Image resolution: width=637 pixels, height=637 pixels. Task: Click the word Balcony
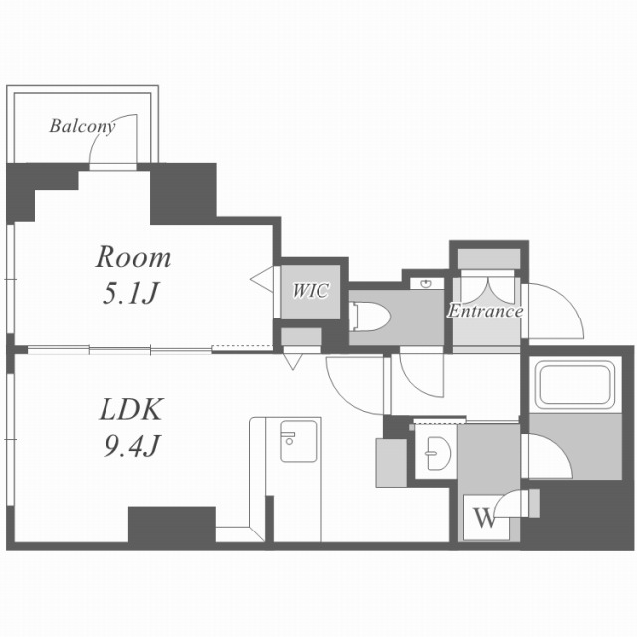tap(83, 126)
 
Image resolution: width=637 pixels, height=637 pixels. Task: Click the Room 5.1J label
tap(132, 274)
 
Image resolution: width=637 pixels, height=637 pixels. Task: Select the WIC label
tap(310, 291)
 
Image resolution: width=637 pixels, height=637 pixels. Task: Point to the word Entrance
tap(485, 311)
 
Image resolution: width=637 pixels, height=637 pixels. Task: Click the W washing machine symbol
tap(484, 517)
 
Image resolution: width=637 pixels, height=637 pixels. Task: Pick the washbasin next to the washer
tap(436, 454)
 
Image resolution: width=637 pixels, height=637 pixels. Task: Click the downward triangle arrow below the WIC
tap(292, 363)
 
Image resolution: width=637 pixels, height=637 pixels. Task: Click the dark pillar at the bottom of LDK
tap(171, 525)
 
